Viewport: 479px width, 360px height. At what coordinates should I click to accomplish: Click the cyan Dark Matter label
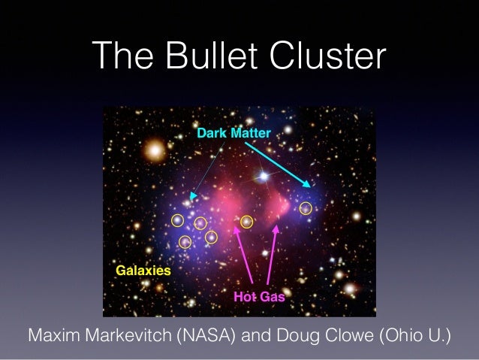pos(233,132)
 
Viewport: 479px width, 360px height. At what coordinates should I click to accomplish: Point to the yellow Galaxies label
pos(143,269)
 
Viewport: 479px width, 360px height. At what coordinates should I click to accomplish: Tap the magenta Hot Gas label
pos(259,297)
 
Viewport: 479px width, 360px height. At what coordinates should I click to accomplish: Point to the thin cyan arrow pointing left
pos(206,170)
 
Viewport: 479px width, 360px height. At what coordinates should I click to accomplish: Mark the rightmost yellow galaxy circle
pos(306,209)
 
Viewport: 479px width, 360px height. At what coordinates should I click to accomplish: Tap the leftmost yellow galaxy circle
pos(177,220)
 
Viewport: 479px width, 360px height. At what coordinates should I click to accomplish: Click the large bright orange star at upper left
pos(155,151)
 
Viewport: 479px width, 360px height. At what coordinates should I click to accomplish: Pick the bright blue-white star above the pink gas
pos(263,177)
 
